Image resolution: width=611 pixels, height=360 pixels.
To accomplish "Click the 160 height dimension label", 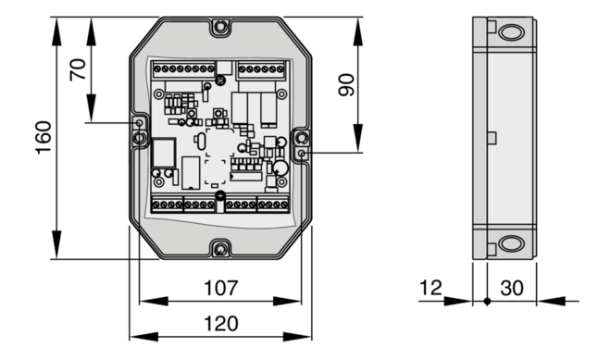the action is [x=44, y=138].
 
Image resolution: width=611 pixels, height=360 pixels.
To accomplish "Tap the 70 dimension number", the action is [x=79, y=69].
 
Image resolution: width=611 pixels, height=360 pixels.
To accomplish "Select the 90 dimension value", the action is [x=346, y=85].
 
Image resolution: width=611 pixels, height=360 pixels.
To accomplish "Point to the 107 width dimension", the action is [x=220, y=288].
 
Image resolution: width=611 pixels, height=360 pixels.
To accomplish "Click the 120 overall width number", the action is [x=221, y=323].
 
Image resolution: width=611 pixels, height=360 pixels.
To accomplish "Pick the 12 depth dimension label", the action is [x=430, y=288].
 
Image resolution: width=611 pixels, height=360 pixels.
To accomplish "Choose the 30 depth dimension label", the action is [x=512, y=288].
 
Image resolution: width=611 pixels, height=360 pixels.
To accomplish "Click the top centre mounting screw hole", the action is [x=221, y=27].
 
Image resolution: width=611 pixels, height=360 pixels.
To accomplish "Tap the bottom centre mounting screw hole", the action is [x=221, y=249].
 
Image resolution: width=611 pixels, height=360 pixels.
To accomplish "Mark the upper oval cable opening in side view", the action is [x=511, y=32].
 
